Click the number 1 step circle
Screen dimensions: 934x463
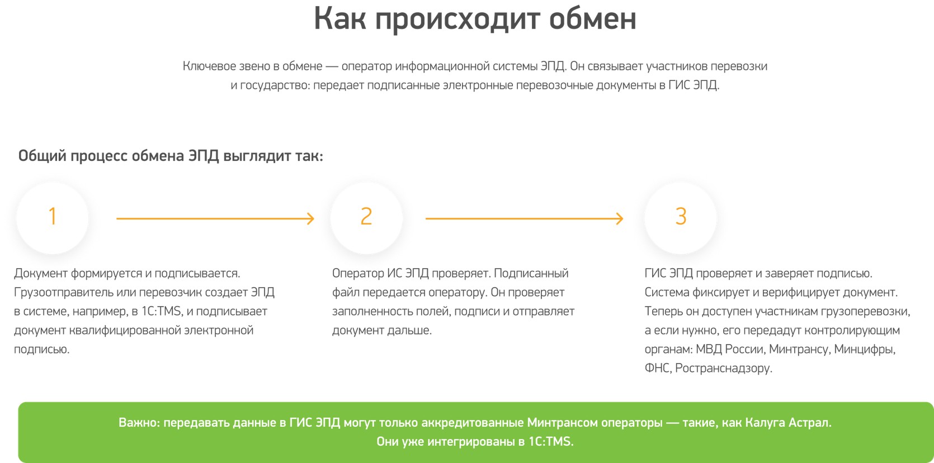[x=52, y=218]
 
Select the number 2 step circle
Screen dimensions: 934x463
[x=366, y=218]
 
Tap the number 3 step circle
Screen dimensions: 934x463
[x=681, y=218]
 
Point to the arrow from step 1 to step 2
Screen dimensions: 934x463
[x=215, y=218]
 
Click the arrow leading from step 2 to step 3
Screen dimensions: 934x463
[x=524, y=218]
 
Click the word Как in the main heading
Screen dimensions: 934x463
[x=340, y=19]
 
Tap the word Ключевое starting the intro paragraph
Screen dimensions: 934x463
[x=210, y=66]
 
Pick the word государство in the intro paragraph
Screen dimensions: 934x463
[x=275, y=86]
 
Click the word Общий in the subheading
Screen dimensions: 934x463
[x=42, y=156]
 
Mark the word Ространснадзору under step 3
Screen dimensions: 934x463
[x=724, y=369]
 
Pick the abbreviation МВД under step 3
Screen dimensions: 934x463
[x=709, y=349]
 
